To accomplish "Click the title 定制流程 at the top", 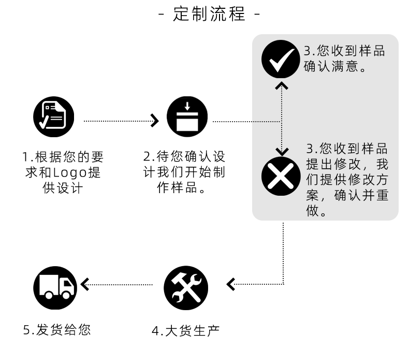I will click(x=209, y=14).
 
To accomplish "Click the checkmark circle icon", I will click(x=281, y=59).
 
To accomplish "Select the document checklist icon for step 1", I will click(x=54, y=117).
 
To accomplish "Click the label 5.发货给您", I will click(x=57, y=329).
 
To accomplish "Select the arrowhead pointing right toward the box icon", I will click(x=154, y=121).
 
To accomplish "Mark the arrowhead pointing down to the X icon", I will click(x=282, y=151).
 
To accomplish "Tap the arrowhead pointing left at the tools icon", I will click(x=231, y=284).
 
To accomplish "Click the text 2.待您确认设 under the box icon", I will click(x=184, y=157).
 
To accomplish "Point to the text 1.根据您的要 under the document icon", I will click(x=63, y=157).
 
